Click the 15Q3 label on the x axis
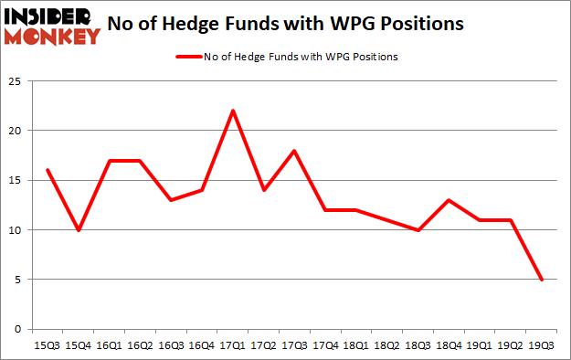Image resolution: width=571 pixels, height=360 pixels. [48, 346]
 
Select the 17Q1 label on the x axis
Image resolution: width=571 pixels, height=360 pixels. [233, 346]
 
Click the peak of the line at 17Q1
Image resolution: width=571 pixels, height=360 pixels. [233, 111]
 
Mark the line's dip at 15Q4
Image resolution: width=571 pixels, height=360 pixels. [79, 229]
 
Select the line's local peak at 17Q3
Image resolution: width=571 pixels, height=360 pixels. [295, 151]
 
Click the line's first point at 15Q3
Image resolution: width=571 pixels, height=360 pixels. [48, 170]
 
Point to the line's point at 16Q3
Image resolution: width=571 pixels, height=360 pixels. [172, 200]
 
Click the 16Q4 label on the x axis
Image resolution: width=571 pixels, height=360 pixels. [203, 346]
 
